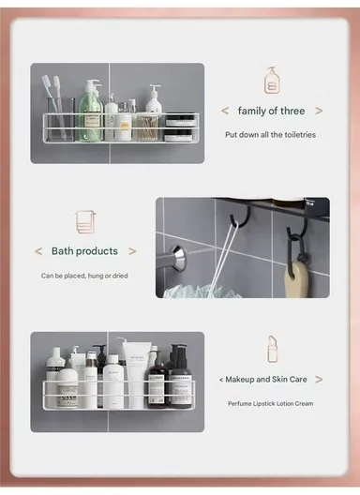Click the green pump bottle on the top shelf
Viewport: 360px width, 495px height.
tap(92, 112)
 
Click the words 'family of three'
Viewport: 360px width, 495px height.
tap(271, 111)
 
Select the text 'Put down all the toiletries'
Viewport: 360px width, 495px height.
tap(270, 134)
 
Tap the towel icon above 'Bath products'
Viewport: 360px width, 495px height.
tap(85, 222)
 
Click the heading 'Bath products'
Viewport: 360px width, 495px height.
tap(84, 251)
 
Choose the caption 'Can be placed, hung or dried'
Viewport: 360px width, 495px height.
tap(85, 276)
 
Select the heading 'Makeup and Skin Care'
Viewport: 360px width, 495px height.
tap(271, 379)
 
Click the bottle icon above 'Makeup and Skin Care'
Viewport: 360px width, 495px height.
tap(272, 349)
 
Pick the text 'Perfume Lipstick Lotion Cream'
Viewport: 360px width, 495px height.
tap(270, 403)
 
